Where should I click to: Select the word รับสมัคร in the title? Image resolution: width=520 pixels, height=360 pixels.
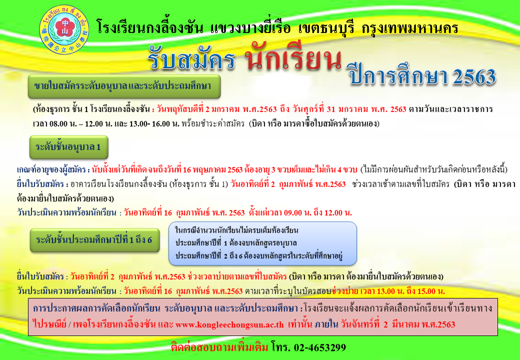pos(191,59)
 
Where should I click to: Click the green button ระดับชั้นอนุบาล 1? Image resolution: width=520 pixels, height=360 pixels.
pos(68,147)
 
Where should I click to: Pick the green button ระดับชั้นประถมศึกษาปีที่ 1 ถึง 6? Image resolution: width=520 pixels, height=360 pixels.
pos(94,239)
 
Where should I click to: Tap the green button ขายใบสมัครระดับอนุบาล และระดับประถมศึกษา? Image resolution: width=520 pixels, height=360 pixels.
pos(124,86)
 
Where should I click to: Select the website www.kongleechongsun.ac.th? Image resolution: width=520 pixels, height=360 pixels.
pos(229,324)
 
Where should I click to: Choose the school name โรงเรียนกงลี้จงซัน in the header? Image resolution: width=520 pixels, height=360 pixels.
pos(149,27)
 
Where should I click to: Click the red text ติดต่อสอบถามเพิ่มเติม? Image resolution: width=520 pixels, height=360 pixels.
pos(219,347)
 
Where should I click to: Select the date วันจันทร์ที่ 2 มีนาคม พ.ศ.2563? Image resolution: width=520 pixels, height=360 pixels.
pos(398,324)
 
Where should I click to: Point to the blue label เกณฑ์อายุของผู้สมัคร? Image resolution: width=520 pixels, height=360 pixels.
pos(52,169)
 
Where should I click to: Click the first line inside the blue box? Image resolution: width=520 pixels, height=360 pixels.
pos(236,230)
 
